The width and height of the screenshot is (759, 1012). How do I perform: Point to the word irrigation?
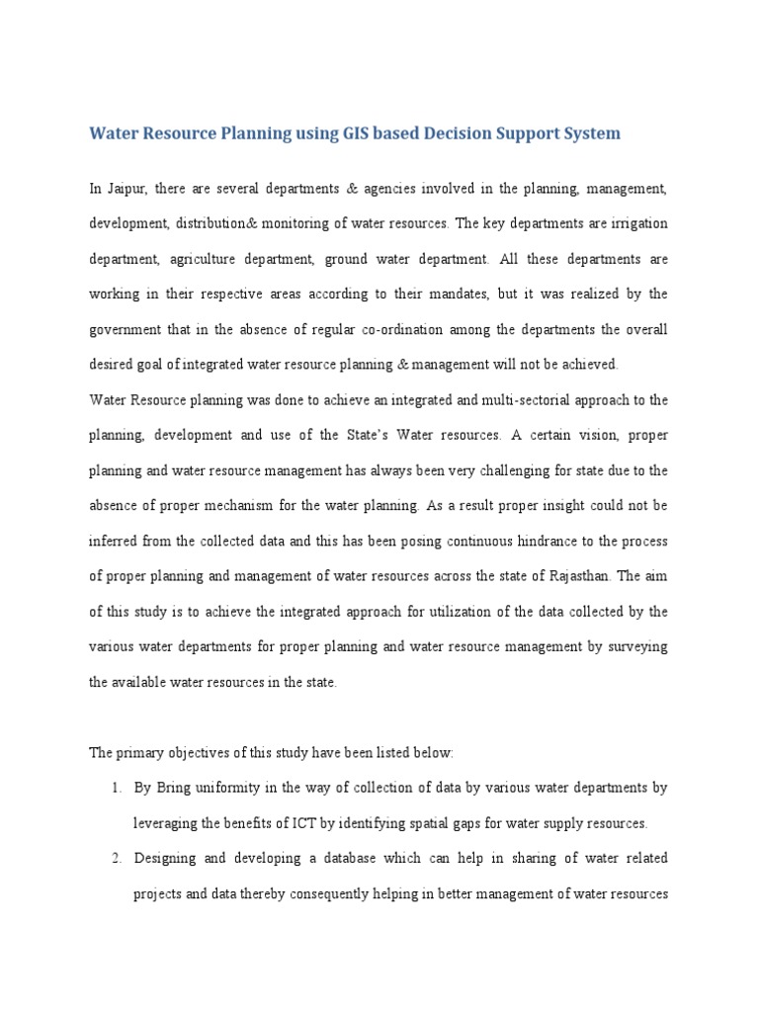[637, 223]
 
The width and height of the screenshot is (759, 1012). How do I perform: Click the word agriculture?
[202, 259]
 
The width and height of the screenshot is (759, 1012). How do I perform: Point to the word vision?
[581, 435]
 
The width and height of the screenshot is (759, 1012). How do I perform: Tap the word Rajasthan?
[578, 576]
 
